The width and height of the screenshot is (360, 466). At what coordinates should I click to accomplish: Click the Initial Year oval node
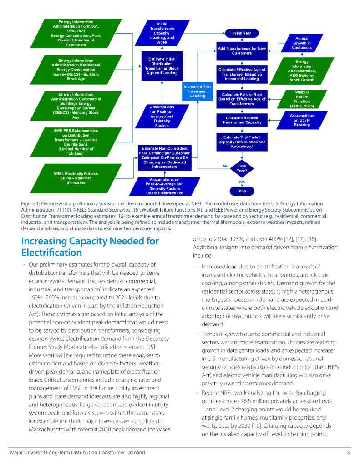tap(241, 33)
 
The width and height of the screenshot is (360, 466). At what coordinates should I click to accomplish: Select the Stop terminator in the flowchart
tap(241, 191)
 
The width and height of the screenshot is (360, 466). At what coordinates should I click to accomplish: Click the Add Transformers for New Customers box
tap(241, 51)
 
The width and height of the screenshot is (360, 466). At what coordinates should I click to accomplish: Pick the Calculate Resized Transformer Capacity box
tap(242, 120)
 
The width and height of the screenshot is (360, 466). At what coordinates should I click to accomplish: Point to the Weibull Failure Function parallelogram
tap(302, 99)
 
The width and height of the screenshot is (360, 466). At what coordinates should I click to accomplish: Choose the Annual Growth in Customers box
tap(302, 43)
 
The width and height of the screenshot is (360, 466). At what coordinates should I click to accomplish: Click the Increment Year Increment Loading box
tap(197, 91)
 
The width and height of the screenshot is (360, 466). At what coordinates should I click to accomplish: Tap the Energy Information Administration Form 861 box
tap(76, 33)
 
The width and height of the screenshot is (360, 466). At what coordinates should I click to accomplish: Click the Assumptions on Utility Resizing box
tap(302, 120)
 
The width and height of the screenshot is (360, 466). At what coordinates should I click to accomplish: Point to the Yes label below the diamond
tap(242, 182)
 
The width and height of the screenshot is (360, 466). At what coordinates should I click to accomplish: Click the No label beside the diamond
tap(225, 166)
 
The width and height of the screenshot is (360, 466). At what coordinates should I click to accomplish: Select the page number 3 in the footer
tap(348, 452)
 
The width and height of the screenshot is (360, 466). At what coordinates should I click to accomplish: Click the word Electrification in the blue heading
tap(51, 253)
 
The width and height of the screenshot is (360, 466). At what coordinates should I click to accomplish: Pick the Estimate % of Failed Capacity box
tap(242, 142)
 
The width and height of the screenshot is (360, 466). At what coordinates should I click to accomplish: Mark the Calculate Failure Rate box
tap(242, 99)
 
